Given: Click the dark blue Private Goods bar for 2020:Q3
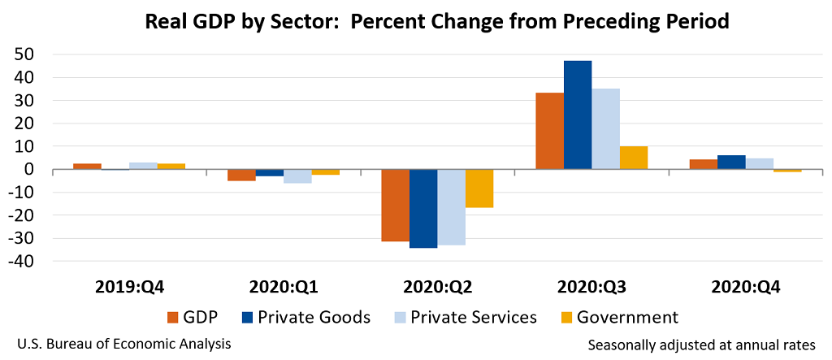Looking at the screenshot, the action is coord(578,115).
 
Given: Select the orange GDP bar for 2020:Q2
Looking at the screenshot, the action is coord(396,206).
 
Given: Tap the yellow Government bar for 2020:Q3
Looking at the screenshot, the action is coord(634,158).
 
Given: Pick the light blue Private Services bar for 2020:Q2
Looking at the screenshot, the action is coord(452,207).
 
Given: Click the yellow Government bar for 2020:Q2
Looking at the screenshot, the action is coord(479,189).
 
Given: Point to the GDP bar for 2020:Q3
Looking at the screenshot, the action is coord(549,131).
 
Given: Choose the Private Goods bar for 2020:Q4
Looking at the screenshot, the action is coord(731,163).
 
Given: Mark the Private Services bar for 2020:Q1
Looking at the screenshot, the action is coord(297,176).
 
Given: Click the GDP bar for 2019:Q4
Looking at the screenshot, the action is coord(87,167).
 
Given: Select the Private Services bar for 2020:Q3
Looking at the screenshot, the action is coord(605,129).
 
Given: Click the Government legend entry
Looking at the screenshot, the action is coord(619,318).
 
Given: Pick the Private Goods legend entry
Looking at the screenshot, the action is coord(305,318).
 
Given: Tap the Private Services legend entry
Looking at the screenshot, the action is coord(466,318).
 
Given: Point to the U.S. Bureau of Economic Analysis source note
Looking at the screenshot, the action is coord(124,344).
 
